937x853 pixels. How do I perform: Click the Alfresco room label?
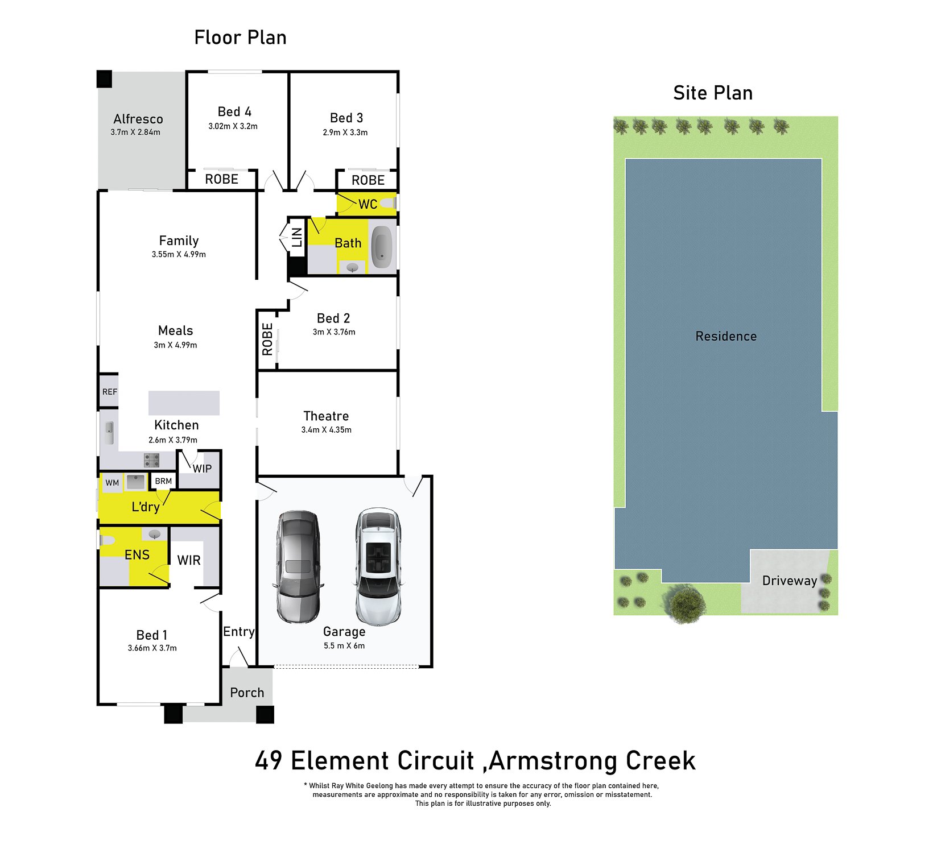pyautogui.click(x=138, y=119)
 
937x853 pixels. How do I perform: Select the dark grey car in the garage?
pyautogui.click(x=298, y=566)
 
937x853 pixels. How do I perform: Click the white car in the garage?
pyautogui.click(x=378, y=566)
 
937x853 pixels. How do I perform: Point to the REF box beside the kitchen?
pyautogui.click(x=109, y=392)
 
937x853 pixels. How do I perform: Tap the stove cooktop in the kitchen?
pyautogui.click(x=151, y=459)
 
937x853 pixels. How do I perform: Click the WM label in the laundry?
pyautogui.click(x=112, y=483)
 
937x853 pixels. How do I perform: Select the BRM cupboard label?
pyautogui.click(x=163, y=481)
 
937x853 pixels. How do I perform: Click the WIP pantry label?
pyautogui.click(x=202, y=469)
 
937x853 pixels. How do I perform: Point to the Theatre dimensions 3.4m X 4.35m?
pyautogui.click(x=326, y=430)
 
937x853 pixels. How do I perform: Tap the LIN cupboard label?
pyautogui.click(x=297, y=237)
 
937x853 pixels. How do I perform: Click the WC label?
pyautogui.click(x=368, y=204)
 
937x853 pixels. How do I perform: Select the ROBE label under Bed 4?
pyautogui.click(x=222, y=179)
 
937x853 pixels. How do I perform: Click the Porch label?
pyautogui.click(x=247, y=693)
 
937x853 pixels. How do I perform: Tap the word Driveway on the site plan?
pyautogui.click(x=790, y=581)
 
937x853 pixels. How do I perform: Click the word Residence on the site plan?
pyautogui.click(x=726, y=336)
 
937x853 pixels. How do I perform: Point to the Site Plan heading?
pyautogui.click(x=713, y=93)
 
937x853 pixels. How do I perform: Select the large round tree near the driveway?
pyautogui.click(x=686, y=604)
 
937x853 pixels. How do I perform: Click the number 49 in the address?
pyautogui.click(x=269, y=761)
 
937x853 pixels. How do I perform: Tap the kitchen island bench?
pyautogui.click(x=184, y=403)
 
